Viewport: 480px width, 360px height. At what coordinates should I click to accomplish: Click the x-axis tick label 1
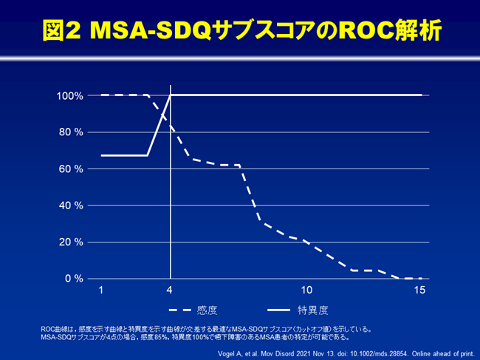101,291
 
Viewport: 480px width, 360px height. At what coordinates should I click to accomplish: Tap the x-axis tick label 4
171,291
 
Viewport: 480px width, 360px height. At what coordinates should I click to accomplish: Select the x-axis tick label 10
307,291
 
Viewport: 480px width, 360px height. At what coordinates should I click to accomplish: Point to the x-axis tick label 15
420,291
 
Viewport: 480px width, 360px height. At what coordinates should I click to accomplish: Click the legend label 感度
208,310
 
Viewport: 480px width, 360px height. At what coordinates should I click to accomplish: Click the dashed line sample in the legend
179,310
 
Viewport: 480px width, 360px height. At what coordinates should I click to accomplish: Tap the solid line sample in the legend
278,310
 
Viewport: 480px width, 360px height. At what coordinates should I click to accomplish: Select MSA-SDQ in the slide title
145,30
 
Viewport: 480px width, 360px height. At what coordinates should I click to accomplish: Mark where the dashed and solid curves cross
167,116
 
